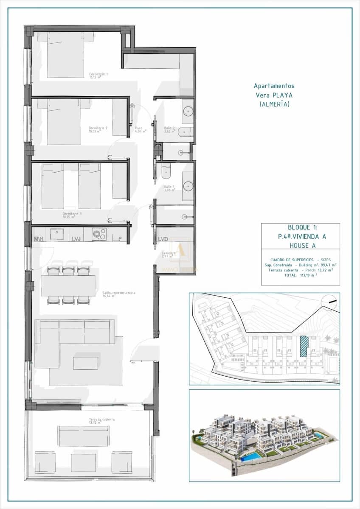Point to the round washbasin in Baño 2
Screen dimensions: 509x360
188,112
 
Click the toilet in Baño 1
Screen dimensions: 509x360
166,171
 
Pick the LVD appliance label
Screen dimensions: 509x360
163,239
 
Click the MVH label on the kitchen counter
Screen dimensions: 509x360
39,239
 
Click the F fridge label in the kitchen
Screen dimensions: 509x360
120,239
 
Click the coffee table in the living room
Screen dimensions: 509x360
85,363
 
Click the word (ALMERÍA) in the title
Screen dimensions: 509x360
274,104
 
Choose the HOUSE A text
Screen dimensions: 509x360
301,245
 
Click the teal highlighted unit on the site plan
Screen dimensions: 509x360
304,347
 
